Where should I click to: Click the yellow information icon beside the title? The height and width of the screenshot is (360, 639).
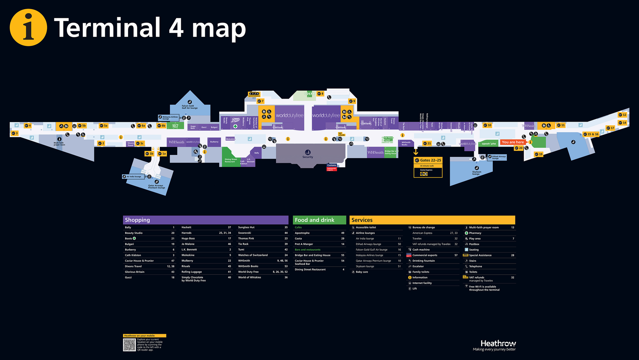click(28, 27)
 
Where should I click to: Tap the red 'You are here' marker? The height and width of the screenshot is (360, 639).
click(512, 142)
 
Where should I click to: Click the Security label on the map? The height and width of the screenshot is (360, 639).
click(308, 157)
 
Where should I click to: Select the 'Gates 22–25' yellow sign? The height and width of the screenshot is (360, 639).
click(428, 160)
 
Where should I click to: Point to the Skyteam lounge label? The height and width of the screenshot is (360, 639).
click(476, 173)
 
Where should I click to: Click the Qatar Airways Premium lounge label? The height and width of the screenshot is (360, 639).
click(157, 187)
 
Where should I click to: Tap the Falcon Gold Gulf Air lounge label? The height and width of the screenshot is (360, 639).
click(189, 107)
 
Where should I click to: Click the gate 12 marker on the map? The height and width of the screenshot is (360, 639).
click(622, 115)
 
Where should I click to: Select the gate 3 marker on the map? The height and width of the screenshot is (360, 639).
click(15, 133)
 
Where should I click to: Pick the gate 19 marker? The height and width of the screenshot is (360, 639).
click(539, 154)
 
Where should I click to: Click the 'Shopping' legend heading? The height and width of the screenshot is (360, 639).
click(137, 220)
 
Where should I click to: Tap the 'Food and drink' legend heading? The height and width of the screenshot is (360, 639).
click(314, 220)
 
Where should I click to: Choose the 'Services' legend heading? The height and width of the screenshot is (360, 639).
click(362, 220)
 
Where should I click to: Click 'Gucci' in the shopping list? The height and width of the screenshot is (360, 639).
click(128, 278)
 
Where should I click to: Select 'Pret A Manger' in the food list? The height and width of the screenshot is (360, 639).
click(304, 244)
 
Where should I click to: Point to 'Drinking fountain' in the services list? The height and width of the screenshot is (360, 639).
click(423, 261)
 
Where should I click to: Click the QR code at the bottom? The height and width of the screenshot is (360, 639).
click(129, 345)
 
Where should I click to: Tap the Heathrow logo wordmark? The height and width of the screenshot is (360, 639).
click(498, 343)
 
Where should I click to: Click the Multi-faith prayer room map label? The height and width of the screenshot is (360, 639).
click(59, 144)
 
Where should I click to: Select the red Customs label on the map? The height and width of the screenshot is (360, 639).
click(332, 165)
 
